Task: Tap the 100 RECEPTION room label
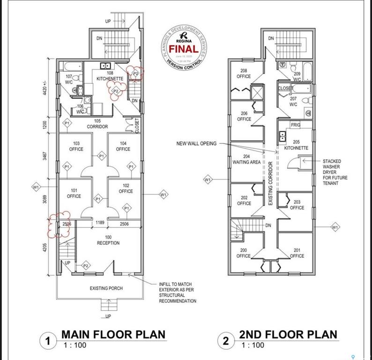tap(109, 240)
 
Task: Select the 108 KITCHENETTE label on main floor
tap(110, 76)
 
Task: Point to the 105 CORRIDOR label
tap(97, 124)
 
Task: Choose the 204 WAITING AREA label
tap(246, 159)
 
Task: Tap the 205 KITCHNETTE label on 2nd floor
tap(296, 145)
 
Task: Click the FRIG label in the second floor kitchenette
tap(295, 126)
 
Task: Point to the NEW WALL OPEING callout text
tap(196, 143)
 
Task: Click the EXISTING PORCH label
tap(106, 288)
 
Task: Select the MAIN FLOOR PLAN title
tap(113, 334)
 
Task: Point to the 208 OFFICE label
tap(244, 73)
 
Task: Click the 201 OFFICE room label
tap(297, 253)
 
